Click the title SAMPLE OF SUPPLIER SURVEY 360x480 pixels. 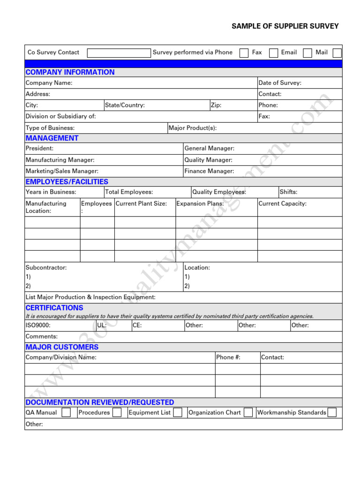285,26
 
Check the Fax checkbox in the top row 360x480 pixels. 273,53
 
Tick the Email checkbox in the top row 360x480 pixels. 307,53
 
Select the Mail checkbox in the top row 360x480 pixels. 337,53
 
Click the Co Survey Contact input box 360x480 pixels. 119,53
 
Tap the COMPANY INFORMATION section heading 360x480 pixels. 70,72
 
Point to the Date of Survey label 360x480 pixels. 280,83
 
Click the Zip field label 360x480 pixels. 216,105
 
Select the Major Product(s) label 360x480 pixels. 193,128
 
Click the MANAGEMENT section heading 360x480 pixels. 52,138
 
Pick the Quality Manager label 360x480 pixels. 208,160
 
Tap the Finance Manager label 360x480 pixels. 209,171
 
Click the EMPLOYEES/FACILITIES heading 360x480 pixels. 67,182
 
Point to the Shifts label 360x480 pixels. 288,192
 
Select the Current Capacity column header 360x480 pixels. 282,203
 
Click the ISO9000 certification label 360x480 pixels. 38,325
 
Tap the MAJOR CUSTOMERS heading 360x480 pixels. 62,347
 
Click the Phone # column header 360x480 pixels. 228,357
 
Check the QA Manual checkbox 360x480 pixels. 67,412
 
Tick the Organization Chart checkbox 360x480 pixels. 248,412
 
